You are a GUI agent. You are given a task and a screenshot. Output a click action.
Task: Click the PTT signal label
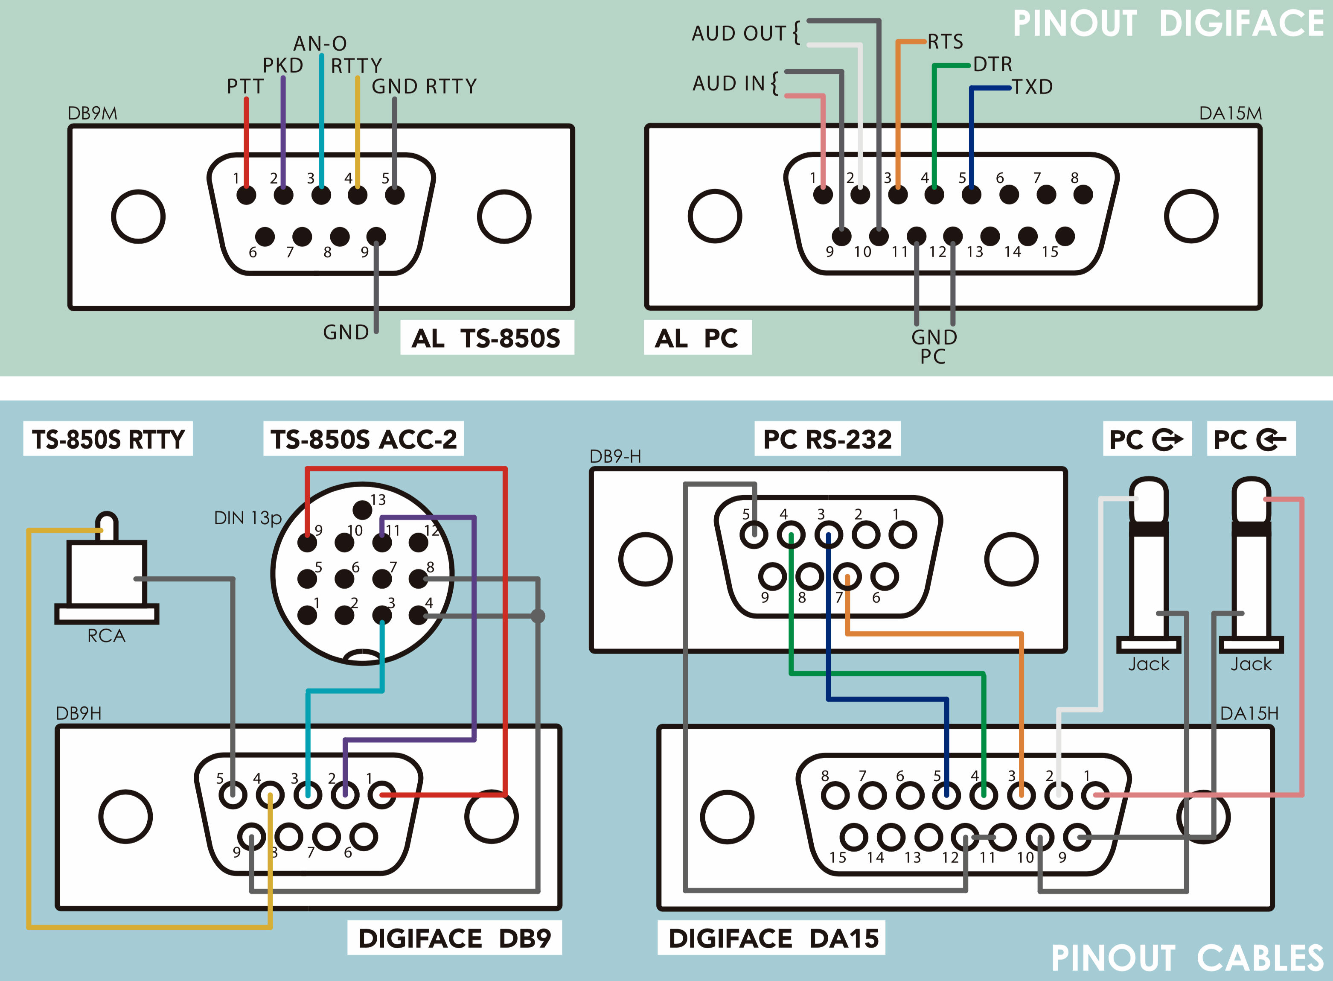click(244, 87)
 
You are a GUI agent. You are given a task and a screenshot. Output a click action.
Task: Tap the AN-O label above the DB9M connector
click(320, 44)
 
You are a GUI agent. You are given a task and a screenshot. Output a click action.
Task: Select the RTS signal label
click(946, 41)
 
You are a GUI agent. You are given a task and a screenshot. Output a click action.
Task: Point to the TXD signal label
click(1032, 87)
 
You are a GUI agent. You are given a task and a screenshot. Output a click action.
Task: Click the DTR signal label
click(993, 64)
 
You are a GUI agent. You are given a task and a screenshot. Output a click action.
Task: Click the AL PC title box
click(697, 338)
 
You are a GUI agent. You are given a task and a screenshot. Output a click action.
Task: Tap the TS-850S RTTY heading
click(108, 439)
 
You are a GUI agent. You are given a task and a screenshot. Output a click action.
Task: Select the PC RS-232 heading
click(827, 439)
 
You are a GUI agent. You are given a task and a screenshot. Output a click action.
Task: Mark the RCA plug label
click(107, 636)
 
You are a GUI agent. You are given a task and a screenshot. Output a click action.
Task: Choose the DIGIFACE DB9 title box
click(454, 938)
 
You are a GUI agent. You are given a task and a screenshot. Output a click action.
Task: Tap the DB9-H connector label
click(615, 456)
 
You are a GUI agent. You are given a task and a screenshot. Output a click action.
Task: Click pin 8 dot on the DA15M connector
click(1083, 194)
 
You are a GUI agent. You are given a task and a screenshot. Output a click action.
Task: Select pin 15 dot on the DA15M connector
click(1065, 236)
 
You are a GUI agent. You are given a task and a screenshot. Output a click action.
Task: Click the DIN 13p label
click(247, 518)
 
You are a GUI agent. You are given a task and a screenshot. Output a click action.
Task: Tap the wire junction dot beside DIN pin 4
click(538, 616)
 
